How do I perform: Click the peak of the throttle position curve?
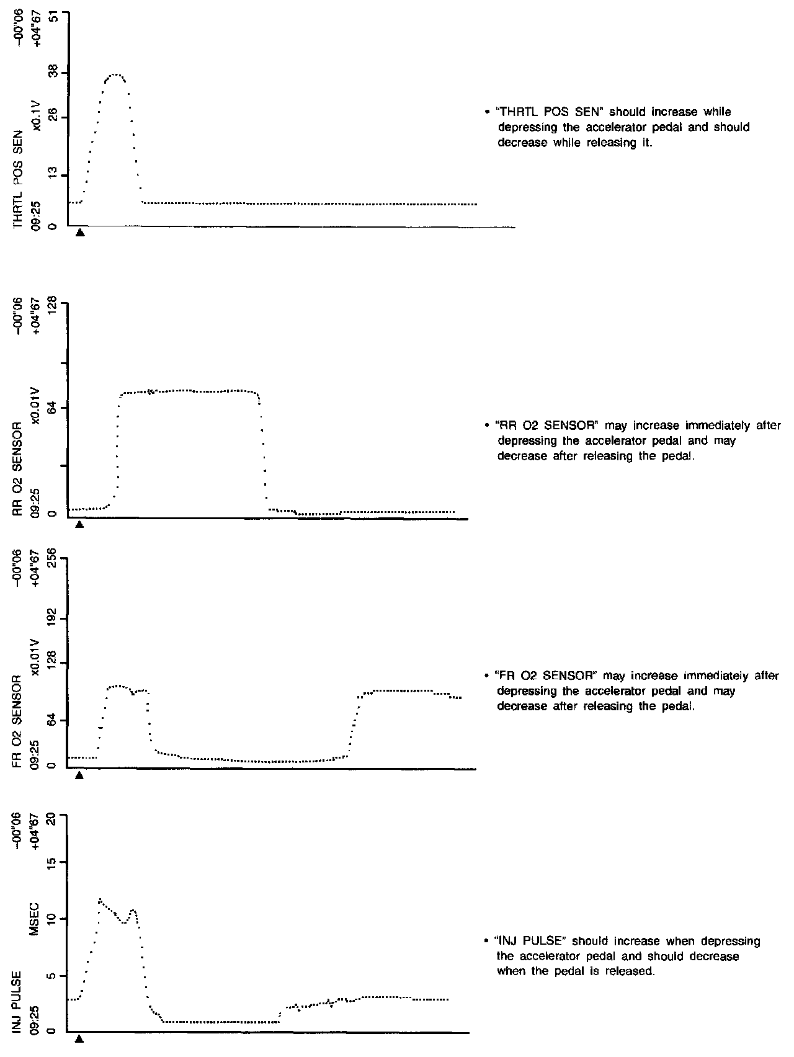(115, 75)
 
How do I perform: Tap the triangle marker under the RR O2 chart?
(79, 524)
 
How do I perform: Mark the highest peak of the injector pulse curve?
(99, 899)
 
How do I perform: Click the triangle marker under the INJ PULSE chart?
(79, 1040)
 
